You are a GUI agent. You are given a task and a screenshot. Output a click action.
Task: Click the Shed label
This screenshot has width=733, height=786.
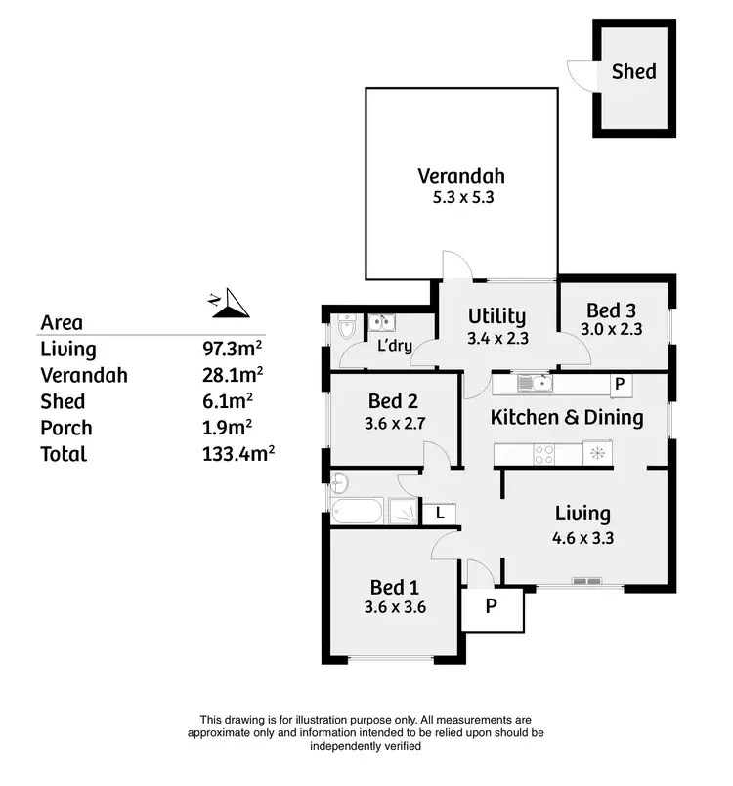(633, 71)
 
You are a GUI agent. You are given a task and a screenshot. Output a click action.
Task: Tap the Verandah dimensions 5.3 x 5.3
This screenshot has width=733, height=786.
(461, 197)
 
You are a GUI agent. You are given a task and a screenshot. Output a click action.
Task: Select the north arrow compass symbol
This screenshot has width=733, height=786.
(231, 305)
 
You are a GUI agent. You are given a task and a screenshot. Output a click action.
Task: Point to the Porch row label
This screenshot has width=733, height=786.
(66, 428)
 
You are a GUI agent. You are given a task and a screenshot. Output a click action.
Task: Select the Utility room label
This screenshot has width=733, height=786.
(496, 315)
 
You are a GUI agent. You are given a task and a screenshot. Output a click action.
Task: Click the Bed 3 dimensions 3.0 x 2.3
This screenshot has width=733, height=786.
(611, 330)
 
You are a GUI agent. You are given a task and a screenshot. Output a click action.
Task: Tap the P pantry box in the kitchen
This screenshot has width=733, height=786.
(618, 385)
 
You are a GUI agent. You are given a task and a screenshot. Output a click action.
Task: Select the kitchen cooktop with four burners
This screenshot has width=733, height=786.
(543, 453)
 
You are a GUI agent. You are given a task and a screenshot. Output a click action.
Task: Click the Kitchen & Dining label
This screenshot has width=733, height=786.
(566, 418)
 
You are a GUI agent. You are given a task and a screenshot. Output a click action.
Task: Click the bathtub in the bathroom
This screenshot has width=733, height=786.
(359, 511)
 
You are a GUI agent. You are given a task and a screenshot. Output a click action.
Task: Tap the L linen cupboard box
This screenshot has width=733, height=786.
(440, 512)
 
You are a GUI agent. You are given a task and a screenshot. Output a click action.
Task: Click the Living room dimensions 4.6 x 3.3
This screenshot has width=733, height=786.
(582, 536)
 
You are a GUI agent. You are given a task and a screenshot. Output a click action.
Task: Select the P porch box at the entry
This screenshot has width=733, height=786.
(492, 605)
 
